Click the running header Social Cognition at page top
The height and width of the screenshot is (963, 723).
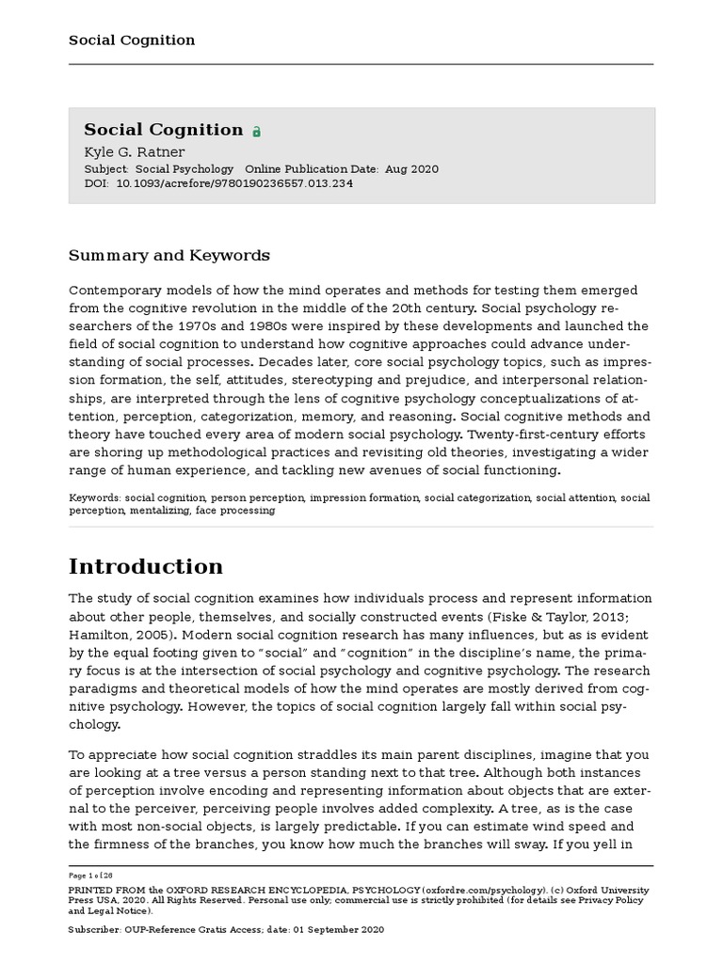pyautogui.click(x=132, y=39)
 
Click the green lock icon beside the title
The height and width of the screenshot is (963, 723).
pyautogui.click(x=256, y=133)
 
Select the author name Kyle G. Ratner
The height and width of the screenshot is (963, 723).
pyautogui.click(x=135, y=151)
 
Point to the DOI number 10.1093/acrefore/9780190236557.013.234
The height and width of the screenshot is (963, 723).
pyautogui.click(x=234, y=183)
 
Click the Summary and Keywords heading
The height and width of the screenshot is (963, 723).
pyautogui.click(x=169, y=256)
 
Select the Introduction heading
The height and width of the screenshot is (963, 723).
pyautogui.click(x=146, y=566)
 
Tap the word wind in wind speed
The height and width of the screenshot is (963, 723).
pyautogui.click(x=530, y=827)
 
